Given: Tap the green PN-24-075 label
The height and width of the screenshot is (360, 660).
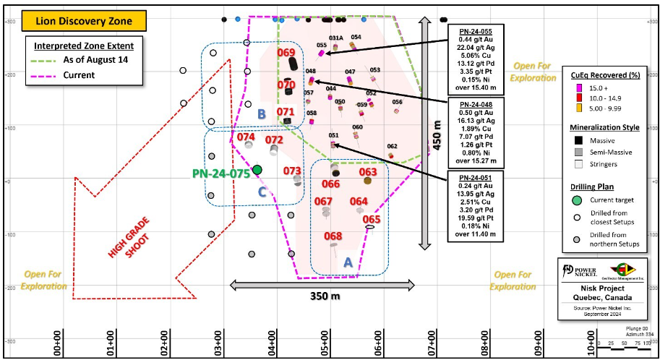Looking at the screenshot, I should pos(220,173).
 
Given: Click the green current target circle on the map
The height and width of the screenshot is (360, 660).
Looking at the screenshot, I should pos(257,169).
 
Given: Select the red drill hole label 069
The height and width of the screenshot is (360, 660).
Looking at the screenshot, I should pos(286,53).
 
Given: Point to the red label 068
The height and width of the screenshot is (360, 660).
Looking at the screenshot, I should pos(333,236).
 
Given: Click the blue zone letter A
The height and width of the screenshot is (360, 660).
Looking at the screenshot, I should pos(347,264).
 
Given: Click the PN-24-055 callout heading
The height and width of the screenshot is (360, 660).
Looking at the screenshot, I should pos(475,32).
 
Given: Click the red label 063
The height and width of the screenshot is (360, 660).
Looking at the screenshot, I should pos(368,172).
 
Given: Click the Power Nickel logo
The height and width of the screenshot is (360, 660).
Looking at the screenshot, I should pos(579,269).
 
